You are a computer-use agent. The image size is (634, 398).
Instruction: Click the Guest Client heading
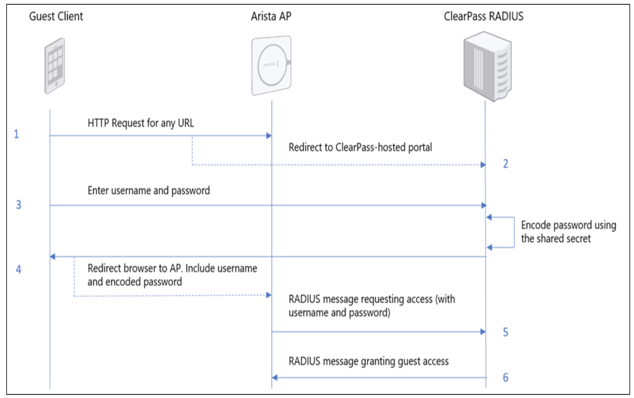click(56, 16)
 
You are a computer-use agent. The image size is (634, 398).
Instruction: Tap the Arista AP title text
click(271, 16)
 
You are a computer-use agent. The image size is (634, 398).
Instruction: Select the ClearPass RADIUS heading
click(483, 16)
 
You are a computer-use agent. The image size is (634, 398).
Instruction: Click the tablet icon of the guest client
click(55, 66)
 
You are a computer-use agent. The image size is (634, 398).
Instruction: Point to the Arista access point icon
click(271, 65)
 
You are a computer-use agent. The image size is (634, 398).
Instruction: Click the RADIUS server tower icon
click(487, 66)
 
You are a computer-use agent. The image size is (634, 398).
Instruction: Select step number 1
click(16, 134)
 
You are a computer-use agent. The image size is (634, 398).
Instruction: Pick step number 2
click(505, 164)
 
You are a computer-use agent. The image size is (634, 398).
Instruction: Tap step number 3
click(18, 205)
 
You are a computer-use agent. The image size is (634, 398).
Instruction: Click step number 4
click(18, 269)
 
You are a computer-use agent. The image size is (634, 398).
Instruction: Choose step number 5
click(505, 332)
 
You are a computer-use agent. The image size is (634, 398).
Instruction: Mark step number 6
click(505, 377)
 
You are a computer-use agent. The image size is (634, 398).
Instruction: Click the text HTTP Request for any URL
click(140, 123)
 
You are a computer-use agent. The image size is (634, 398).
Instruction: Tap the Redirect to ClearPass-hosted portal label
click(360, 147)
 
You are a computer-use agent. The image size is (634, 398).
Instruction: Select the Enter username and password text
click(149, 190)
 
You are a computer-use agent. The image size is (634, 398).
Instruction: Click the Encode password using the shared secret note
click(568, 232)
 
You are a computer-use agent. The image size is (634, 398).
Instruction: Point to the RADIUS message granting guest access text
click(368, 361)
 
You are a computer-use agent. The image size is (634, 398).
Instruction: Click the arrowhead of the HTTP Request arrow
click(269, 136)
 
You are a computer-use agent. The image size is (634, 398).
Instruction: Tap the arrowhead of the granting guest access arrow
click(274, 378)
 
